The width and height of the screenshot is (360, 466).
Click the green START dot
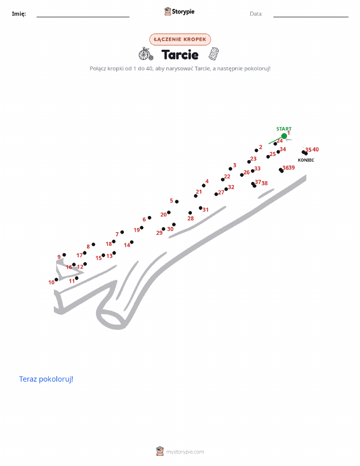284,136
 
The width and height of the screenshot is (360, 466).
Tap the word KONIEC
306,160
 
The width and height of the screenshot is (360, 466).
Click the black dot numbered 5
177,202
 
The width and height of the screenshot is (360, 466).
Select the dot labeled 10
56,279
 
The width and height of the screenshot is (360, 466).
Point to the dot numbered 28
190,213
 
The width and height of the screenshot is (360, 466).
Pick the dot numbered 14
132,242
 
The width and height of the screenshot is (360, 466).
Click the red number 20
163,214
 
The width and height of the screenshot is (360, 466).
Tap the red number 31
206,210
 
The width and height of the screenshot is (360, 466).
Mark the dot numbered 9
64,255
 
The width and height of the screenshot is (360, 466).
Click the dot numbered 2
256,150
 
